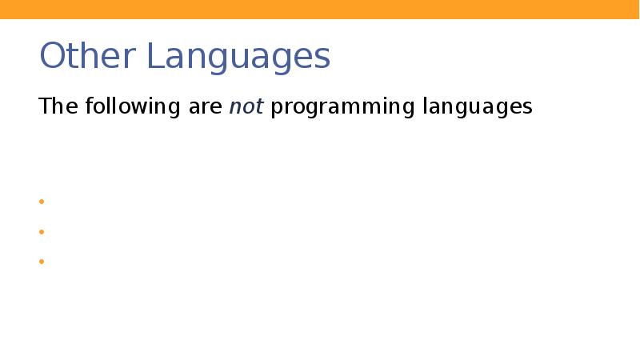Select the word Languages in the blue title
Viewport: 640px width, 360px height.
click(238, 58)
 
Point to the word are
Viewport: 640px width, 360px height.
click(206, 107)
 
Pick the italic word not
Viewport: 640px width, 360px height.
click(246, 107)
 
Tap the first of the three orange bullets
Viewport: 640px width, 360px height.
click(40, 202)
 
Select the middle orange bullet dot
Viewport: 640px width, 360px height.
click(40, 232)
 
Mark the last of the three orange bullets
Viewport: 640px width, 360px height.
click(40, 262)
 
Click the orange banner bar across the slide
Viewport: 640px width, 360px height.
click(320, 9)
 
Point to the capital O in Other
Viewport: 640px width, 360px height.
click(53, 57)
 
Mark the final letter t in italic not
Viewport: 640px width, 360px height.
click(260, 107)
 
